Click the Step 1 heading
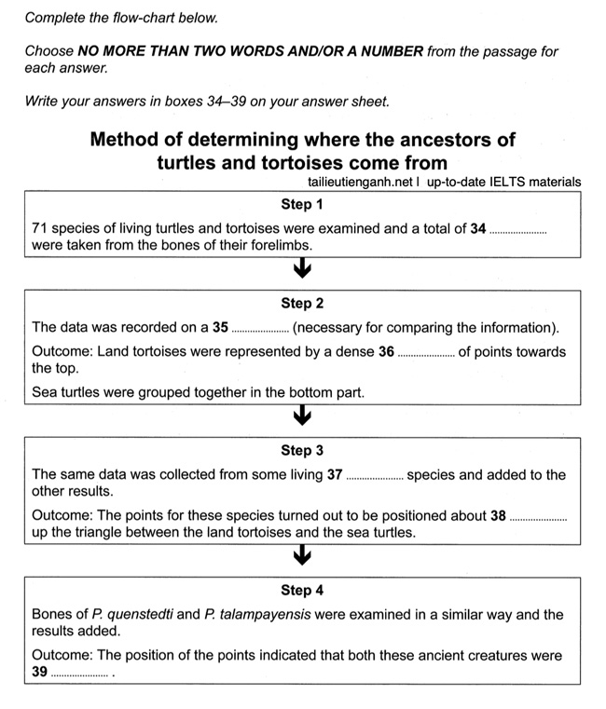click(x=302, y=205)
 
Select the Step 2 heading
click(x=302, y=304)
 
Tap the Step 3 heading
click(x=302, y=451)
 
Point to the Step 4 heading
click(x=302, y=591)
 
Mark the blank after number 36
click(x=426, y=353)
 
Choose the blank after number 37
click(x=375, y=476)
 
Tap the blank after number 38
click(x=538, y=517)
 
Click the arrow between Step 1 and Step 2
click(x=302, y=270)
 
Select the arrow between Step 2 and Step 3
click(x=302, y=416)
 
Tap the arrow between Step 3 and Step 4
click(x=302, y=556)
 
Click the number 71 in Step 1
click(x=39, y=229)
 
